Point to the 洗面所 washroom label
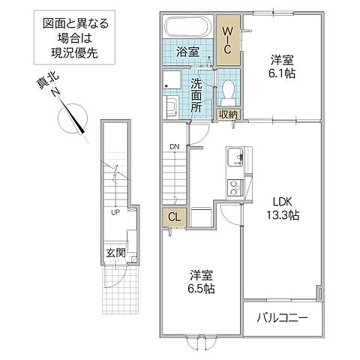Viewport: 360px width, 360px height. [197, 95]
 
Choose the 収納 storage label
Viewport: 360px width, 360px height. [228, 114]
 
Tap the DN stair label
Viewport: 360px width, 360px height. [174, 147]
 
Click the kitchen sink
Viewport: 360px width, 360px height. [234, 158]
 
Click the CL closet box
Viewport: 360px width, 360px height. [173, 218]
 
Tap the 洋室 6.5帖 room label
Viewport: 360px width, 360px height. [200, 282]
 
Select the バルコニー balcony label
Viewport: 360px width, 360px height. [284, 319]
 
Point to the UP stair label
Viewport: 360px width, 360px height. [115, 212]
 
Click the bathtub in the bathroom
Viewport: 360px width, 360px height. [188, 29]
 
